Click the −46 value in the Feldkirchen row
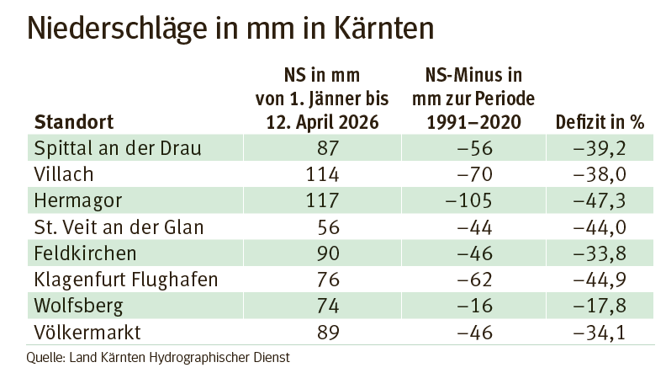coord(480,253)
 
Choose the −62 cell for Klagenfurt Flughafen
coord(480,279)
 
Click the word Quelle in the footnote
coord(47,356)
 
